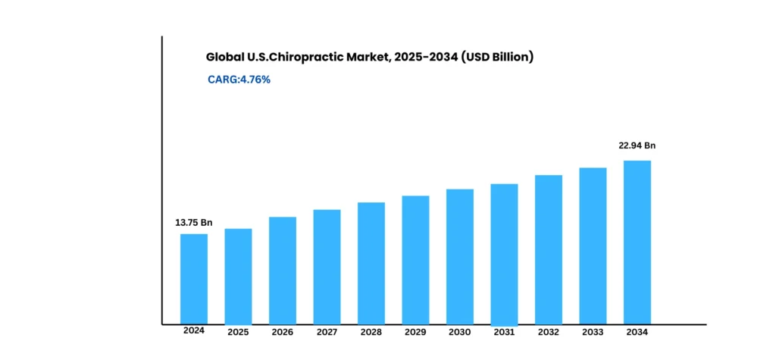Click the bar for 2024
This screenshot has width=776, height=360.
click(194, 278)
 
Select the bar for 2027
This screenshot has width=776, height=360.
click(327, 266)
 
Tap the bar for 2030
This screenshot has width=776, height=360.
click(460, 256)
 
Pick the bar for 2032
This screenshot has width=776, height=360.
click(549, 249)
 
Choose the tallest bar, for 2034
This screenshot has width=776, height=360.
click(637, 242)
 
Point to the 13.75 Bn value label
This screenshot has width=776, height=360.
click(194, 223)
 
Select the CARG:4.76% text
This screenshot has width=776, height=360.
click(239, 79)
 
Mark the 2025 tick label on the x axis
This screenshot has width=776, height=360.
click(238, 333)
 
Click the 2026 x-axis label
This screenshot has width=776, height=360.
click(283, 333)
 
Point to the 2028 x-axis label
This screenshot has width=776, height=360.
click(371, 333)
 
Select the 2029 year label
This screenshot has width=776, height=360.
click(415, 333)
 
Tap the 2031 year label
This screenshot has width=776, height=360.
click(504, 333)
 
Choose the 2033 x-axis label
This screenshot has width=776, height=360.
click(593, 333)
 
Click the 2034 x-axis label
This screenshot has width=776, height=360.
click(637, 331)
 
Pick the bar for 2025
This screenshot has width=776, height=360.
click(238, 276)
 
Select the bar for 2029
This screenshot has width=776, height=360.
click(415, 259)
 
